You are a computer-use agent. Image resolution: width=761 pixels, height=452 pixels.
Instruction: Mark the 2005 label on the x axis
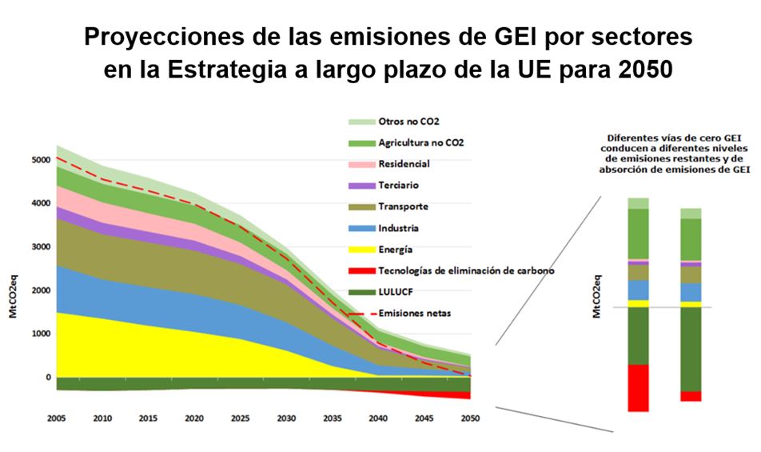[x=57, y=418]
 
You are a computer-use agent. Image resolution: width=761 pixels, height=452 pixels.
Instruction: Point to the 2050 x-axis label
[x=469, y=418]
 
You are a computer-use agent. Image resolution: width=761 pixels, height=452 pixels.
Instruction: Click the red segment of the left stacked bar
[x=638, y=388]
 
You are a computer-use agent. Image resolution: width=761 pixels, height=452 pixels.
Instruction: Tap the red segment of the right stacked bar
[x=691, y=396]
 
